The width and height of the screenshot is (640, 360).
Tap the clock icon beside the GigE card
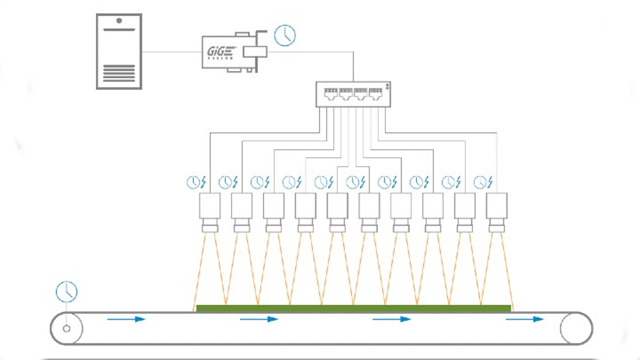pyautogui.click(x=284, y=36)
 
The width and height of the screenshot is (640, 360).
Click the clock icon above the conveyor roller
pyautogui.click(x=67, y=292)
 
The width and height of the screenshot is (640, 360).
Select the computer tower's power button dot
pyautogui.click(x=119, y=20)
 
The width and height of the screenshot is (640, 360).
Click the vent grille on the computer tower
pyautogui.click(x=119, y=73)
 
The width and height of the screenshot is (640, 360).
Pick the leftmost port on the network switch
pyautogui.click(x=330, y=94)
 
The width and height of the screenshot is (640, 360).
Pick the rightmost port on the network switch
pyautogui.click(x=376, y=94)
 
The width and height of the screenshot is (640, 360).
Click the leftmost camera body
pyautogui.click(x=210, y=205)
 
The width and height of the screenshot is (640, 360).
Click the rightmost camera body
pyautogui.click(x=496, y=205)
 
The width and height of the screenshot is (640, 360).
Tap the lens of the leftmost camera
pyautogui.click(x=210, y=228)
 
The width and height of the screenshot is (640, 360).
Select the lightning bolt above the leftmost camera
pyautogui.click(x=204, y=182)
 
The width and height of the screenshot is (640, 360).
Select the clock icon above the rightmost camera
pyautogui.click(x=480, y=182)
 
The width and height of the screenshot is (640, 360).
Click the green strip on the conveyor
pyautogui.click(x=353, y=308)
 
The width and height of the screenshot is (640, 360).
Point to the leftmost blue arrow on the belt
pyautogui.click(x=126, y=319)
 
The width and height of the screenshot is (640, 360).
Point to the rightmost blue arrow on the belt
pyautogui.click(x=525, y=319)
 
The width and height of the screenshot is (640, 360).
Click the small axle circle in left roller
pyautogui.click(x=67, y=329)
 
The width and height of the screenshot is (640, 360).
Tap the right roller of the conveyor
pyautogui.click(x=576, y=329)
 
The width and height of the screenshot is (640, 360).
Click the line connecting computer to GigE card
pyautogui.click(x=172, y=52)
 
